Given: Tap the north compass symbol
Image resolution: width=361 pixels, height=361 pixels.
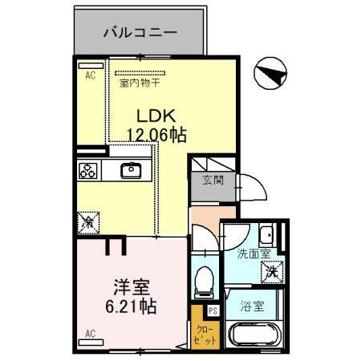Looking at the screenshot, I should [x=270, y=75].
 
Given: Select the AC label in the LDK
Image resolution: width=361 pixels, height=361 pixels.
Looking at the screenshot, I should [x=90, y=75].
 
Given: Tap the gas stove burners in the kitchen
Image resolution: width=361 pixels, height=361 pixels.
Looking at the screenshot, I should [x=88, y=170].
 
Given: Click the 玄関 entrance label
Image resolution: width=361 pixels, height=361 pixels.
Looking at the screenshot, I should [x=213, y=181].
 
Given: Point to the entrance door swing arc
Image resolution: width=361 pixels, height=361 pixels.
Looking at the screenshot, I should [x=254, y=191].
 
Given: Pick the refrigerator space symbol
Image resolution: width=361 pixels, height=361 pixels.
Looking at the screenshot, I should [x=89, y=219].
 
